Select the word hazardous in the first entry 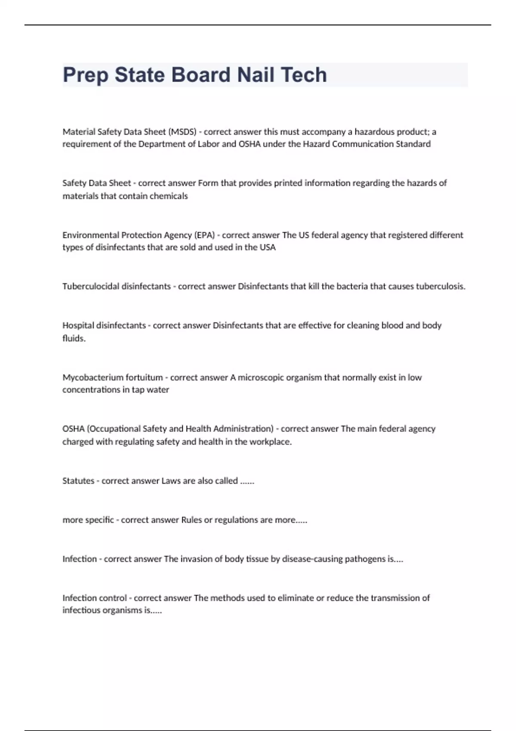coord(374,132)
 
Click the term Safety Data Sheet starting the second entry coord(97,183)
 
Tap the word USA coord(267,247)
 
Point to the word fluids coord(74,338)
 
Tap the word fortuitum coord(144,378)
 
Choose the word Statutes coord(78,481)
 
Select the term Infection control coord(95,598)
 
